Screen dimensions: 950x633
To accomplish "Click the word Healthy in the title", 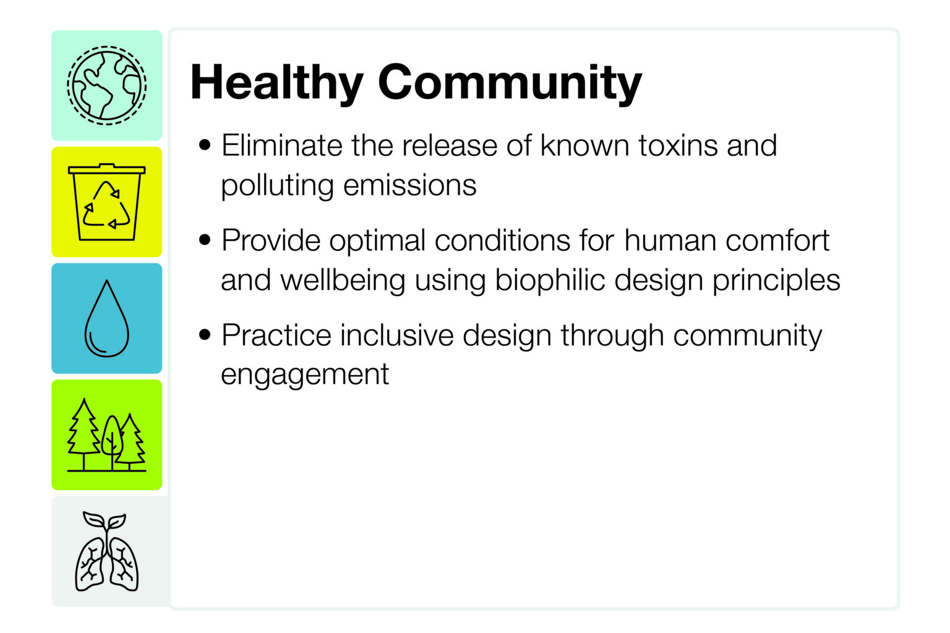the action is [277, 82].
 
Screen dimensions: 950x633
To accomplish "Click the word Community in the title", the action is [510, 82].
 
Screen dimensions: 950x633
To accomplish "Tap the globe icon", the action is [107, 86].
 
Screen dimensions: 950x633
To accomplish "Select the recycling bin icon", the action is [107, 202].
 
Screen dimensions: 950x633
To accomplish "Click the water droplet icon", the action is [107, 318].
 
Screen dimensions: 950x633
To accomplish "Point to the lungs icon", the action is [107, 551].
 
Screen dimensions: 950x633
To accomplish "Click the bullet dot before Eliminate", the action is [205, 145].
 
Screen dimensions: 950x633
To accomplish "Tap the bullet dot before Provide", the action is [205, 240].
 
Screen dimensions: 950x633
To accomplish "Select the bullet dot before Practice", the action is [205, 335].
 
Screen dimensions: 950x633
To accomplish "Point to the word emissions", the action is [409, 185].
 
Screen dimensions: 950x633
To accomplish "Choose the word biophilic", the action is [550, 280].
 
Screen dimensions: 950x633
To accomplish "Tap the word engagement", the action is [305, 375].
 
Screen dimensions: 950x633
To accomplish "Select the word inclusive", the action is [397, 335].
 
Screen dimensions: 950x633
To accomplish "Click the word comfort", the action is [777, 240].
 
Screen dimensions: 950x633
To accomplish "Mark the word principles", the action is [776, 280].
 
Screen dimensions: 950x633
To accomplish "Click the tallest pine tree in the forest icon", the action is [84, 433].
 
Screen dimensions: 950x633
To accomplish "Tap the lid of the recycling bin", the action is [107, 169].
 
